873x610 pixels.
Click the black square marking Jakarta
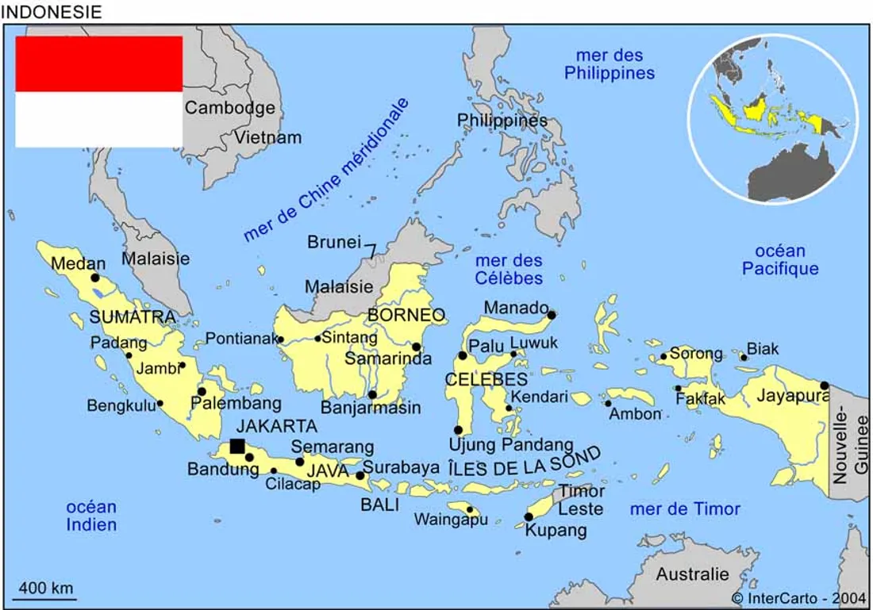click(237, 446)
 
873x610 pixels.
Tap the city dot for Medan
click(95, 278)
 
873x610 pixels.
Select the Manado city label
click(516, 308)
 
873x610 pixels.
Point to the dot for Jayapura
click(825, 386)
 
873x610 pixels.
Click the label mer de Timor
click(685, 509)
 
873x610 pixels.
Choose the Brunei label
click(334, 242)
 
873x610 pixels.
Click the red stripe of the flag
click(99, 63)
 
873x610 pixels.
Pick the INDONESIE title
click(52, 12)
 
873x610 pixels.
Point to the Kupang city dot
click(529, 517)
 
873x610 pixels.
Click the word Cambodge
click(230, 108)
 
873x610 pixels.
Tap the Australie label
click(692, 574)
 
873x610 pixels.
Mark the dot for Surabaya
click(360, 476)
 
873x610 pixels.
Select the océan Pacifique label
click(780, 260)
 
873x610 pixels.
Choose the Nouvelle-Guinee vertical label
click(850, 448)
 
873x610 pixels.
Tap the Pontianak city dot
click(280, 340)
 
